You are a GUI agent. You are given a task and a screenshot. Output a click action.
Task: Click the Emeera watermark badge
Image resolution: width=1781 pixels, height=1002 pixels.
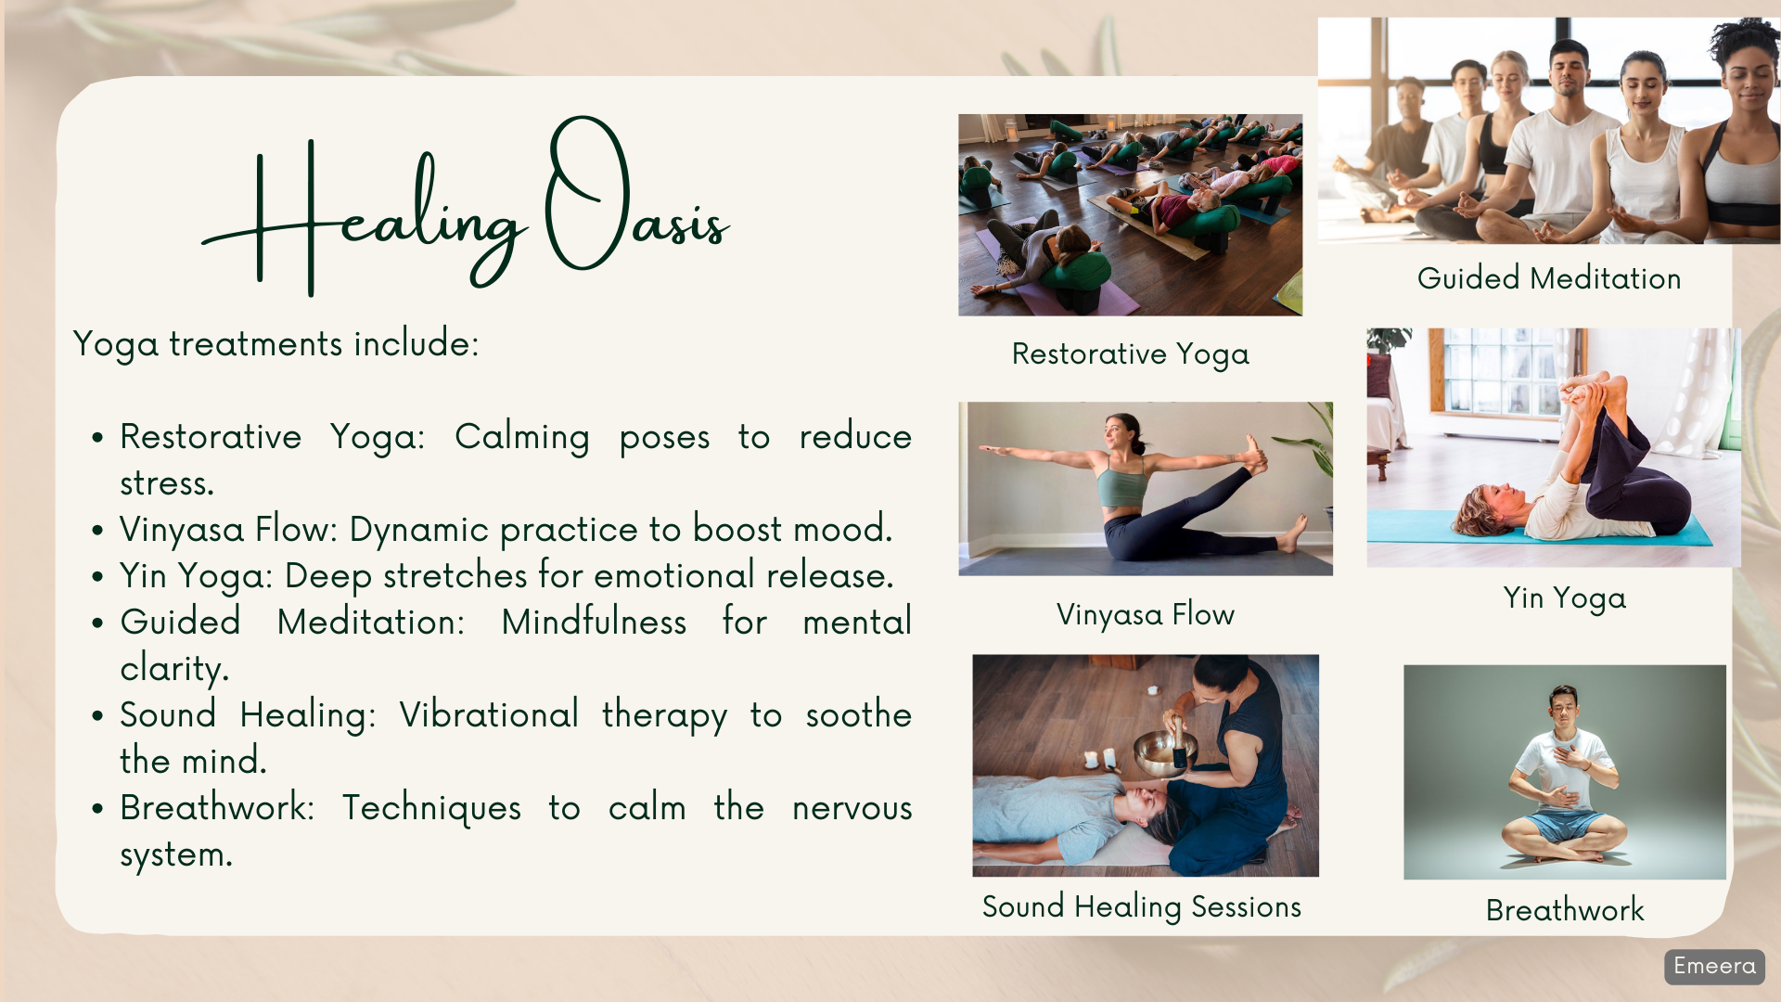tap(1714, 967)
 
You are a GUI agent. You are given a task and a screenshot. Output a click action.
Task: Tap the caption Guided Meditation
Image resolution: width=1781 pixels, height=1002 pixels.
tap(1549, 278)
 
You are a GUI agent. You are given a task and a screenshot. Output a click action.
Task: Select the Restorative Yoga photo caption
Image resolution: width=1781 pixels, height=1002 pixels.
tap(1130, 354)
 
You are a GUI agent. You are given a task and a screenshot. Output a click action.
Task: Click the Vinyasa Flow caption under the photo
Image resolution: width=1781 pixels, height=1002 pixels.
tap(1146, 614)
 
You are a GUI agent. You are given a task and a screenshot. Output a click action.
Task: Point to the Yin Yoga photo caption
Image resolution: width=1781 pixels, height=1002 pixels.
tap(1565, 598)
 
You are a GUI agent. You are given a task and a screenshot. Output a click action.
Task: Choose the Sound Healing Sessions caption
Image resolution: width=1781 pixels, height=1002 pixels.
tap(1142, 906)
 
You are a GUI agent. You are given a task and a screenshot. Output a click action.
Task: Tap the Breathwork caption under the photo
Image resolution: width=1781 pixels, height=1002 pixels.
tap(1565, 910)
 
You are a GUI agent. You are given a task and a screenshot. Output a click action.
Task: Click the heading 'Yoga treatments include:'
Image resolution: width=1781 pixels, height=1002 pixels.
tap(275, 344)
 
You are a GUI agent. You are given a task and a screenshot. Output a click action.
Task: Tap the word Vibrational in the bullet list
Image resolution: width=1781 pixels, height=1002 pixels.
tap(489, 714)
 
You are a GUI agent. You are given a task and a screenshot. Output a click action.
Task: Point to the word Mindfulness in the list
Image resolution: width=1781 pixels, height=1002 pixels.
tap(594, 622)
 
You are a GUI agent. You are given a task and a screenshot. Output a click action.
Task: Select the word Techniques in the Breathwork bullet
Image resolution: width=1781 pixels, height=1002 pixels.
tap(431, 808)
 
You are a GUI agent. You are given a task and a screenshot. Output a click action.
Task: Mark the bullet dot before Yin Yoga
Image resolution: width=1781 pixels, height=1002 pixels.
tap(97, 577)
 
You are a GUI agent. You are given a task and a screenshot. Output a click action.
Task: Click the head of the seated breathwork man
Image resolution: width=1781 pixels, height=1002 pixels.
tap(1563, 707)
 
